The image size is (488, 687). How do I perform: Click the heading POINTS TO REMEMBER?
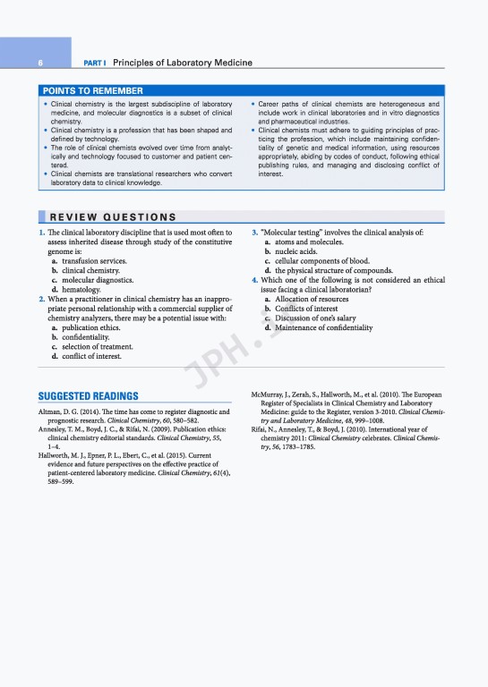tap(92, 90)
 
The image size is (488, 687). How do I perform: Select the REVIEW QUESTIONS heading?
tap(112, 216)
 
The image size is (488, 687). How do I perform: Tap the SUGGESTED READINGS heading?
tap(88, 396)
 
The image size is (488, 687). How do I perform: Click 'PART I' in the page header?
tap(95, 63)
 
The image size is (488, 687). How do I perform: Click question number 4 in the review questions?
tap(254, 280)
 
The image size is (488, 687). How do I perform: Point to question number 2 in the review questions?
tap(41, 299)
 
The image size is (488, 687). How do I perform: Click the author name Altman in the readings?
tap(52, 410)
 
